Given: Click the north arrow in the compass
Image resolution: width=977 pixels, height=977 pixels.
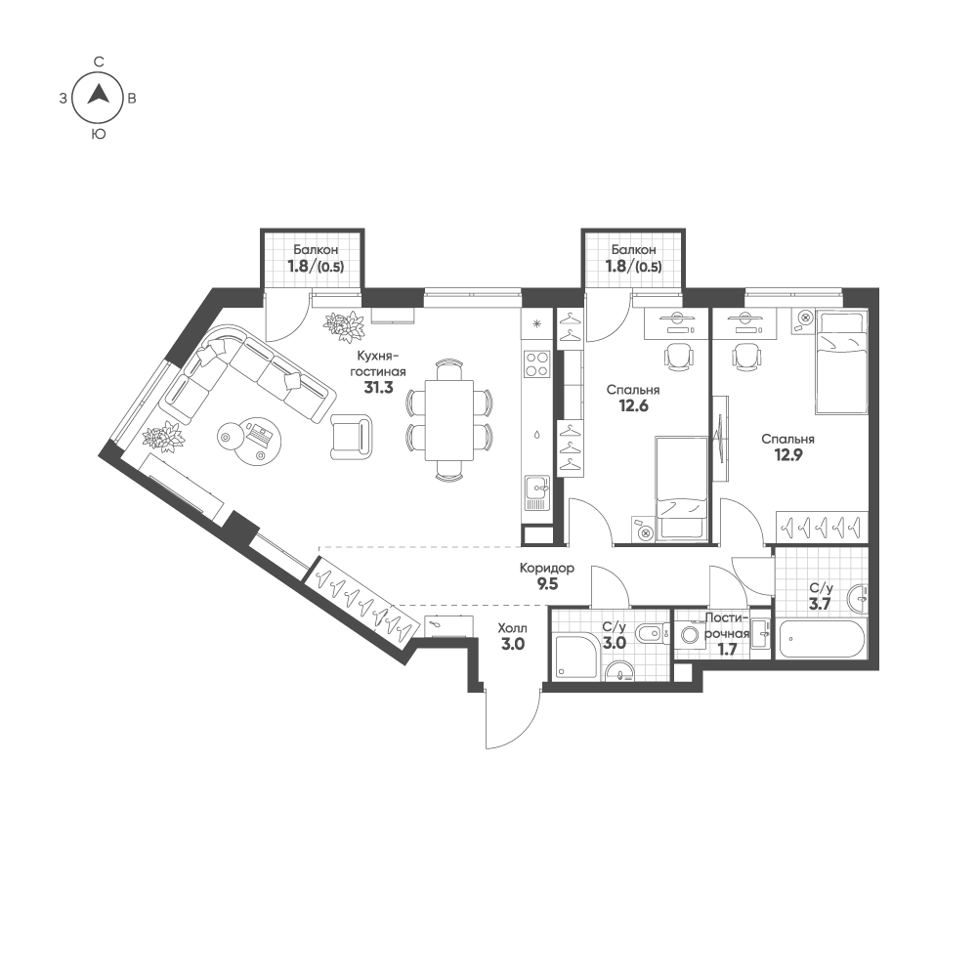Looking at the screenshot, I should click(x=99, y=96).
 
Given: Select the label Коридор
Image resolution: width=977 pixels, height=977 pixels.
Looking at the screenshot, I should click(x=546, y=569).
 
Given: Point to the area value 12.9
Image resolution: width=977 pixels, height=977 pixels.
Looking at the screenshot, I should click(x=787, y=455).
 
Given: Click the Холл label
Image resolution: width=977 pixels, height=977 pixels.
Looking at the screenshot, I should click(x=512, y=629).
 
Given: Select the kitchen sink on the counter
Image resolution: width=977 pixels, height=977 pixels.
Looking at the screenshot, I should click(x=536, y=491).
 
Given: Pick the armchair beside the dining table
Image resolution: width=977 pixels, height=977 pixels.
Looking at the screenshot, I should click(x=352, y=436).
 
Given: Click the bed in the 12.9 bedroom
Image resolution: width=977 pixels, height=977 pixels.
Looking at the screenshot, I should click(x=841, y=361).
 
